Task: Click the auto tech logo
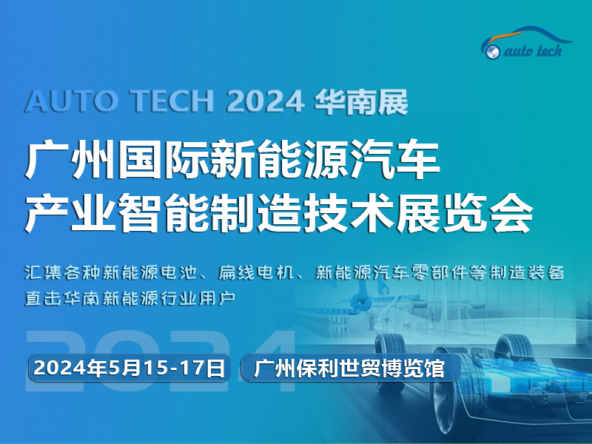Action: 527,44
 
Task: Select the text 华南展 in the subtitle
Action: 360,101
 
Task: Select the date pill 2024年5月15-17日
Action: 129,368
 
